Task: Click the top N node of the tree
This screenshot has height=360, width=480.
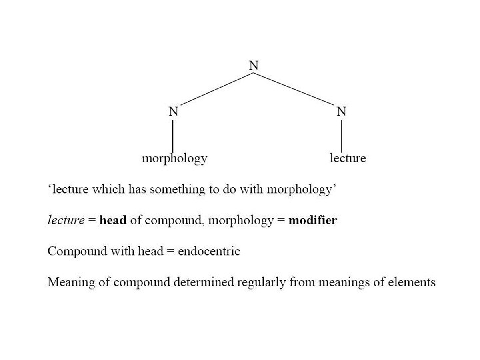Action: click(254, 65)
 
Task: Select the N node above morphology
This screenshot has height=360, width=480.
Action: click(173, 112)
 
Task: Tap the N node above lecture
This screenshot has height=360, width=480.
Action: click(341, 112)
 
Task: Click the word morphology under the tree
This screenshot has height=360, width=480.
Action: click(175, 159)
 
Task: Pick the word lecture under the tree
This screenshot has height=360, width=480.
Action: click(348, 159)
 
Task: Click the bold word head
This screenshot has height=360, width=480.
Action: click(113, 221)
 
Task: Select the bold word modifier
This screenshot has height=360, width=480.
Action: click(312, 221)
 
